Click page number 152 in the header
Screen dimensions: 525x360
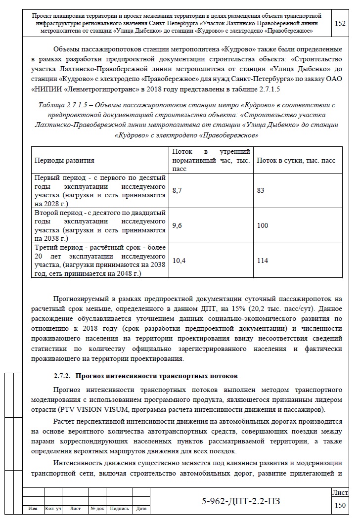(x=340, y=23)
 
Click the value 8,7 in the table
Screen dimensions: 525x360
(x=177, y=190)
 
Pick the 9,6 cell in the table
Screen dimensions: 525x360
(x=177, y=225)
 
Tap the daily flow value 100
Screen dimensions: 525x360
(x=263, y=225)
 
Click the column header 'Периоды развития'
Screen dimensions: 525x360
(x=64, y=161)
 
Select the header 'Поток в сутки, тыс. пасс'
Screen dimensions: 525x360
(x=296, y=161)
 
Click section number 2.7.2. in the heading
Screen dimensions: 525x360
(x=64, y=377)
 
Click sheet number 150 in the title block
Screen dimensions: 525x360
(x=340, y=505)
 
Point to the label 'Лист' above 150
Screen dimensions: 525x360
(x=340, y=493)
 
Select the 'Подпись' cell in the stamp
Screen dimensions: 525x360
(x=119, y=508)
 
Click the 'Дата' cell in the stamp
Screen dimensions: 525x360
(x=141, y=508)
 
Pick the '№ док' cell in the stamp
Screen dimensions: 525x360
(x=97, y=508)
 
